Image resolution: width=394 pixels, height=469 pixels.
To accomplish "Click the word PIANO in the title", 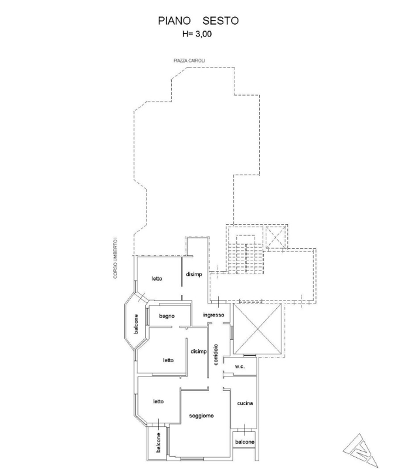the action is [x=175, y=21].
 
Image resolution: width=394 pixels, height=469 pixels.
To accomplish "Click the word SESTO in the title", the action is [x=221, y=21].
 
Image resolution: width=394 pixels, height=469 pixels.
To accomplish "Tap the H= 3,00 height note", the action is [x=197, y=34].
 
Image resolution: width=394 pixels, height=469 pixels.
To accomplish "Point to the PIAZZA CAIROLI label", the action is [x=190, y=61].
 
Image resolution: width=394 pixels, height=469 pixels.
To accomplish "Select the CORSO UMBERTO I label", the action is [x=115, y=259].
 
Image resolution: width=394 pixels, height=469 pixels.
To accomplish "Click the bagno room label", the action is [x=167, y=316].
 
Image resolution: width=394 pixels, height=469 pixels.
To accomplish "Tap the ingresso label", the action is [x=214, y=315].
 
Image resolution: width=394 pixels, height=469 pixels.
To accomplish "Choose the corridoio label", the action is [x=216, y=355].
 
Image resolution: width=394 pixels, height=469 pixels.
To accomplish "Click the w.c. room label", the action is [x=240, y=366].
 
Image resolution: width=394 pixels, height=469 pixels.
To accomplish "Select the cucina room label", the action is [x=245, y=403].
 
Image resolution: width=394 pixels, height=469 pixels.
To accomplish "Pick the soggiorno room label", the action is [x=201, y=416].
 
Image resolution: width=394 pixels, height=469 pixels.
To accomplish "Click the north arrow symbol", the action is [x=361, y=451].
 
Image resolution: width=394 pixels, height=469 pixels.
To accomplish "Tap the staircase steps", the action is [x=246, y=259].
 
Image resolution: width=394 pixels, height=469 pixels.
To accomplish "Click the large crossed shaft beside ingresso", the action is [x=257, y=329].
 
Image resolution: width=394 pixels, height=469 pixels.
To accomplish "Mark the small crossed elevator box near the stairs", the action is [x=276, y=237].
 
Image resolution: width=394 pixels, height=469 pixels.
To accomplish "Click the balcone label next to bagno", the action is [x=136, y=324].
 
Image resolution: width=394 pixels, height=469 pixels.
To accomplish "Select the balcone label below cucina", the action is [x=244, y=442].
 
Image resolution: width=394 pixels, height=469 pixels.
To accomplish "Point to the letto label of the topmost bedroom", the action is [x=157, y=279].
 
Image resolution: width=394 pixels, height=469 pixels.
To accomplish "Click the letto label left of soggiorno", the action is [x=158, y=401].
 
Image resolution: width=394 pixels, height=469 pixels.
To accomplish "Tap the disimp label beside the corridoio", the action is [x=199, y=352].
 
